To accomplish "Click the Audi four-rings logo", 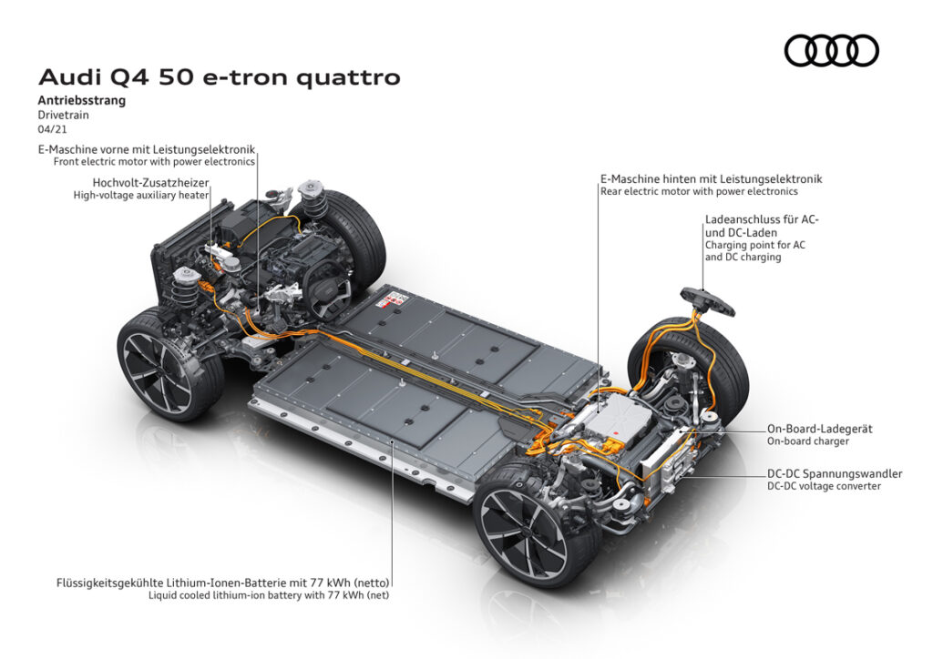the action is pyautogui.click(x=831, y=50).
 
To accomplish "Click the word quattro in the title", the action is pyautogui.click(x=348, y=78).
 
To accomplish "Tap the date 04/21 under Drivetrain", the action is pyautogui.click(x=52, y=129).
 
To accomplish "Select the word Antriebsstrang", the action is pyautogui.click(x=81, y=100).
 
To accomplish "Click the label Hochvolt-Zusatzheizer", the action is pyautogui.click(x=150, y=183).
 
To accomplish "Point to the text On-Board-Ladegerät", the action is pyautogui.click(x=819, y=429).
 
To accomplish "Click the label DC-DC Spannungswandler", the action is pyautogui.click(x=835, y=473).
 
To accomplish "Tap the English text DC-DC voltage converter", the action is pyautogui.click(x=824, y=486).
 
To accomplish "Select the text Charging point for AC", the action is pyautogui.click(x=755, y=245).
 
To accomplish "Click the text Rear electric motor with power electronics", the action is pyautogui.click(x=699, y=191).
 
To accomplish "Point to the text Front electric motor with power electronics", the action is pyautogui.click(x=154, y=162).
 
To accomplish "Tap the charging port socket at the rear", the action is pyautogui.click(x=707, y=299).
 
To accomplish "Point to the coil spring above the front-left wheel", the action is pyautogui.click(x=184, y=290).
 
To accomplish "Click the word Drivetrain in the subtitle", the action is pyautogui.click(x=63, y=116).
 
